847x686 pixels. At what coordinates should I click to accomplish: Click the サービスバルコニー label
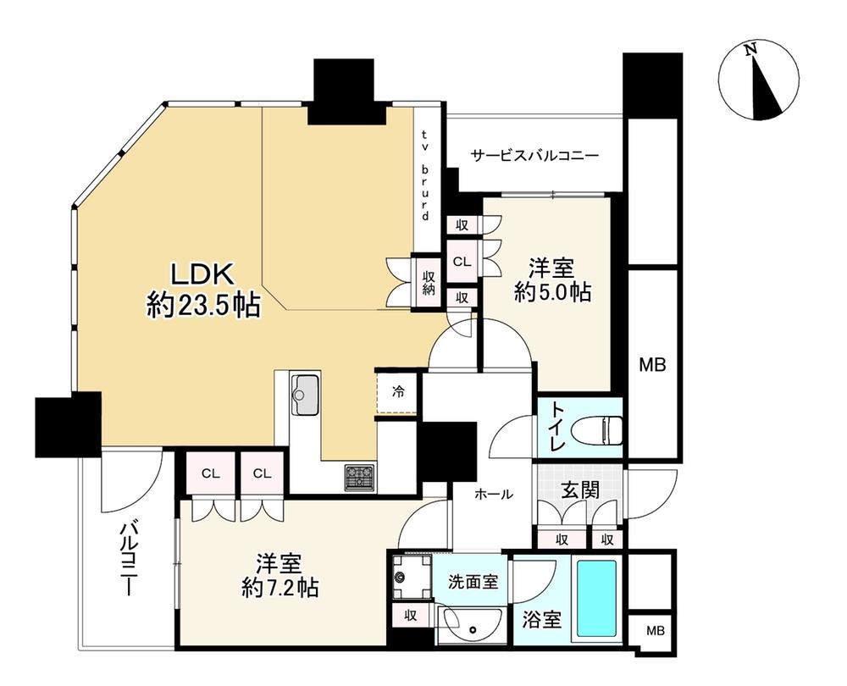[x=534, y=156]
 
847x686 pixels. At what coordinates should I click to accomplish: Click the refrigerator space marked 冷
[x=397, y=391]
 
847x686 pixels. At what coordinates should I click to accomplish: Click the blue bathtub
[x=596, y=599]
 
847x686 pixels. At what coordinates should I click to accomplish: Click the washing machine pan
[x=411, y=577]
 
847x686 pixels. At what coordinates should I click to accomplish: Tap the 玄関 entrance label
[x=579, y=490]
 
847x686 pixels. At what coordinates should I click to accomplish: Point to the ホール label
[x=493, y=494]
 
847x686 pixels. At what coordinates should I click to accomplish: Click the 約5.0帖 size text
[x=552, y=293]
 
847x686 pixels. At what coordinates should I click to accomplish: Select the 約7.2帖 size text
[x=280, y=588]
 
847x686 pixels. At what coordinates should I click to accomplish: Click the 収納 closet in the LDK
[x=429, y=282]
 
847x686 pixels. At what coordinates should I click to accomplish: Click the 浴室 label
[x=542, y=620]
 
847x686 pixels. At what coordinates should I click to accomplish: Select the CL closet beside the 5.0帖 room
[x=462, y=262]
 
